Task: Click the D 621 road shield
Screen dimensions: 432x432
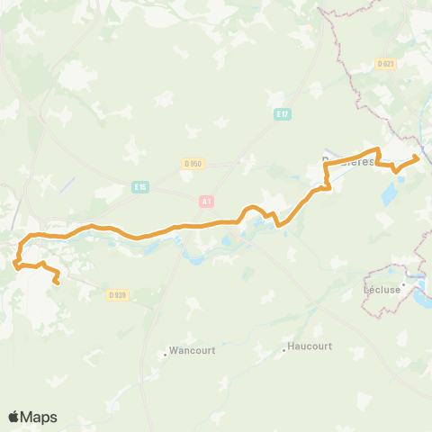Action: (x=386, y=64)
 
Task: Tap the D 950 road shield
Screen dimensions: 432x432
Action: (x=193, y=164)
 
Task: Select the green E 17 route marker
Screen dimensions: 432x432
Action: (x=283, y=113)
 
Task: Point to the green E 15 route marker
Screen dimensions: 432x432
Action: (x=139, y=186)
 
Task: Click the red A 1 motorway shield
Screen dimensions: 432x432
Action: (x=207, y=202)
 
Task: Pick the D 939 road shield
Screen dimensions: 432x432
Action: (x=115, y=294)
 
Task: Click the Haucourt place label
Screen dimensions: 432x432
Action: (x=310, y=346)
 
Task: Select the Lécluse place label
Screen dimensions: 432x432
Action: (x=382, y=290)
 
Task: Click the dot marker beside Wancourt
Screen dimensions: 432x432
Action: (x=166, y=355)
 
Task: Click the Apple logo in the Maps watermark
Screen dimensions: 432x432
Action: (x=13, y=417)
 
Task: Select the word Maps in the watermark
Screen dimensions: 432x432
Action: (x=40, y=418)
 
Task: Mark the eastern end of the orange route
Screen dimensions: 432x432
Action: (x=417, y=158)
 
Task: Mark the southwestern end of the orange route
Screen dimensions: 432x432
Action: (x=57, y=283)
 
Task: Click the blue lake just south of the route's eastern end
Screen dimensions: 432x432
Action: (x=393, y=191)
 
